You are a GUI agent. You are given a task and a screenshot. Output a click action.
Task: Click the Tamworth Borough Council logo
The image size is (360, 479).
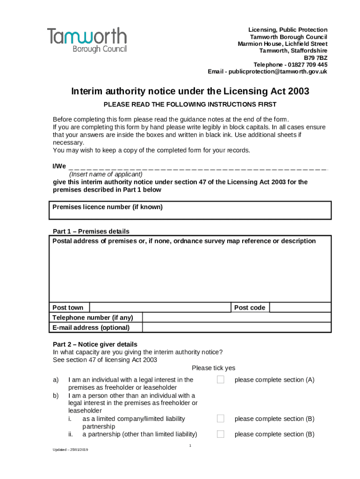pos(86,40)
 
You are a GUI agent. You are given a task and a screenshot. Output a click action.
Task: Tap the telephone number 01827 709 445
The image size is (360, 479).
pos(308,65)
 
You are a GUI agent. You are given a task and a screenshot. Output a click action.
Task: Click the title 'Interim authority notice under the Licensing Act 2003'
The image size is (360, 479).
pos(190,91)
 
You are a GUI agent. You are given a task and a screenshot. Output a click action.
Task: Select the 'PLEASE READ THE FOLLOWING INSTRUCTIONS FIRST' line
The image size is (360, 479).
pos(190,104)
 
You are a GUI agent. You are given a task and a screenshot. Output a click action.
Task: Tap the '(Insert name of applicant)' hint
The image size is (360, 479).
pos(106,174)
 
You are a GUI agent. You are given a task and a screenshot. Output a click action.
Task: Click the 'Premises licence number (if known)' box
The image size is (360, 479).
pos(190,210)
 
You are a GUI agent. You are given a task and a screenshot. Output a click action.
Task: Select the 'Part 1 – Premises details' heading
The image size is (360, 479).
pos(91,232)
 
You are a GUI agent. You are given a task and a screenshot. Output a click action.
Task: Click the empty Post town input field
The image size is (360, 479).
pos(160,307)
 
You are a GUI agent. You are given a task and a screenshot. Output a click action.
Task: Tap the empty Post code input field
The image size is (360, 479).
pos(300,307)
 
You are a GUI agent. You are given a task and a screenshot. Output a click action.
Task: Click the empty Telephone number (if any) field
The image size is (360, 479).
pos(236,318)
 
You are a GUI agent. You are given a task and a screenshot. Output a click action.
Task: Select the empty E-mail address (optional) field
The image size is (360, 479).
pos(236,327)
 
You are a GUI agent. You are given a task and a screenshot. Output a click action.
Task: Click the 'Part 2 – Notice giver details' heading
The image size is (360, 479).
pos(95,344)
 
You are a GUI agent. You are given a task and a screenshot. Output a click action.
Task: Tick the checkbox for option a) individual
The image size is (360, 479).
pos(221,379)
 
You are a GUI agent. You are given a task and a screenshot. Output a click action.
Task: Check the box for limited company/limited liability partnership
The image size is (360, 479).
pos(221,418)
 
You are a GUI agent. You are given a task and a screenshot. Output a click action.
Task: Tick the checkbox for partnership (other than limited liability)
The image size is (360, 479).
pos(221,434)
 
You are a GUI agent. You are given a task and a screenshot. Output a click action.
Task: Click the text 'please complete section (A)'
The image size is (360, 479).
pos(274,380)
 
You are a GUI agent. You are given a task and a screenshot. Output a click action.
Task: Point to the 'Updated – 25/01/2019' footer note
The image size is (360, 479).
pos(71,450)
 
